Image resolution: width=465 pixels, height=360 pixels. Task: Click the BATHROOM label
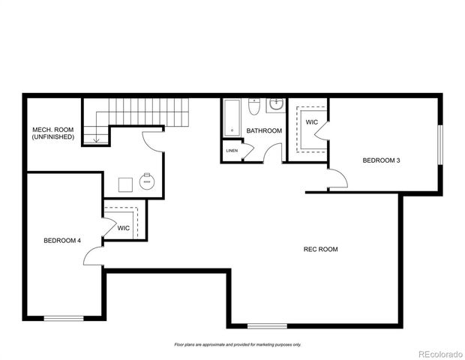tap(264, 130)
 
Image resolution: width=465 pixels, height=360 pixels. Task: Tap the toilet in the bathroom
tap(254, 108)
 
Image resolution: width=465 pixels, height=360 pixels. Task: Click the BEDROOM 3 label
tap(381, 160)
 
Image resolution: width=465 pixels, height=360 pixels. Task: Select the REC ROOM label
tap(320, 249)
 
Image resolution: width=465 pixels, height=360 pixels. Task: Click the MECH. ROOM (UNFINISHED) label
tap(52, 133)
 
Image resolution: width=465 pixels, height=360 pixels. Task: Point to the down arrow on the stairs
tap(95, 136)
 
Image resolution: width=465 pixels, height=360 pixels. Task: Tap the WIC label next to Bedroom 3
tap(311, 121)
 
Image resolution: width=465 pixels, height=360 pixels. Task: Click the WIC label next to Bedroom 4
tap(124, 228)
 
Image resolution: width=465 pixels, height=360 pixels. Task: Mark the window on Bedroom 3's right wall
tap(440, 143)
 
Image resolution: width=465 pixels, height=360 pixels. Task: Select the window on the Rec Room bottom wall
tap(267, 325)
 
